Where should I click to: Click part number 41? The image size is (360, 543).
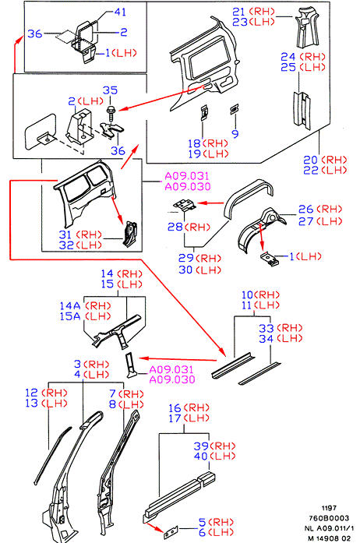[120, 12]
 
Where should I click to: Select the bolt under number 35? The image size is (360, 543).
[111, 113]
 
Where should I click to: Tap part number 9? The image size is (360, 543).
[235, 134]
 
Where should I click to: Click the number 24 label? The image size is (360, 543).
[288, 56]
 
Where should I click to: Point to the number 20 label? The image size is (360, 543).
[310, 160]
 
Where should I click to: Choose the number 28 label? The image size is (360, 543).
[175, 227]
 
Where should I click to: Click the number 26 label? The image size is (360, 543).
[306, 209]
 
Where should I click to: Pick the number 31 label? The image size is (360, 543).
[65, 234]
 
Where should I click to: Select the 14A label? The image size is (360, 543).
[70, 306]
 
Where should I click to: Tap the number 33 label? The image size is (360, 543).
[266, 328]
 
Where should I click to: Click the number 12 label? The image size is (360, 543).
[31, 393]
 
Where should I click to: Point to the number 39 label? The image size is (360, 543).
[201, 446]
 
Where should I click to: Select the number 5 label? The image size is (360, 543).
[203, 522]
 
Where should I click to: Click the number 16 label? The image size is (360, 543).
[175, 408]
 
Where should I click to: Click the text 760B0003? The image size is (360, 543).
[329, 518]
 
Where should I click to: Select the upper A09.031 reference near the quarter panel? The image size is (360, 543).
[188, 176]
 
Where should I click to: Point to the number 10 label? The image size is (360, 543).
[247, 294]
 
